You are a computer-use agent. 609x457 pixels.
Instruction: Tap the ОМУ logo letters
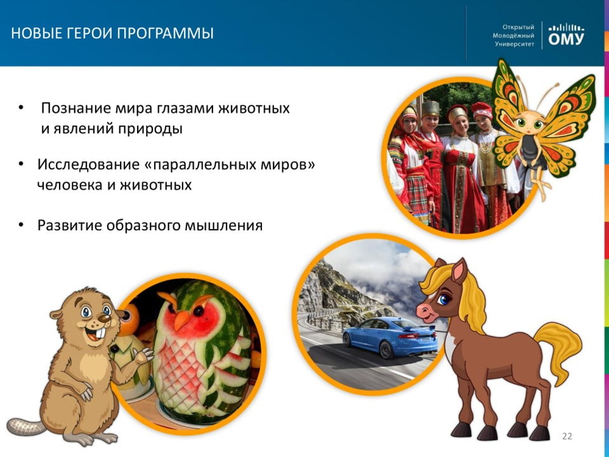pyautogui.click(x=566, y=39)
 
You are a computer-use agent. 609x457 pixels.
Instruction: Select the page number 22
pyautogui.click(x=567, y=436)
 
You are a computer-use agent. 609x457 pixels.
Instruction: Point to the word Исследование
pyautogui.click(x=88, y=165)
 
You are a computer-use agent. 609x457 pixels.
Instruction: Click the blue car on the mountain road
pyautogui.click(x=390, y=336)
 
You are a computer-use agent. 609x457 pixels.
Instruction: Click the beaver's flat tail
pyautogui.click(x=25, y=427)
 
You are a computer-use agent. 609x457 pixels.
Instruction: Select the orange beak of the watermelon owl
pyautogui.click(x=182, y=319)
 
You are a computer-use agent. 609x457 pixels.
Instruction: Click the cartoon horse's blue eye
pyautogui.click(x=443, y=300)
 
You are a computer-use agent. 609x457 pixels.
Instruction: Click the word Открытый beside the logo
pyautogui.click(x=518, y=27)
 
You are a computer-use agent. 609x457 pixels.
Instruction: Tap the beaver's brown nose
pyautogui.click(x=104, y=318)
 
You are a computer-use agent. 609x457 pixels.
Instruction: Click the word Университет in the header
pyautogui.click(x=514, y=44)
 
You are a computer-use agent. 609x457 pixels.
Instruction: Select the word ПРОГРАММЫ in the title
pyautogui.click(x=165, y=34)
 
